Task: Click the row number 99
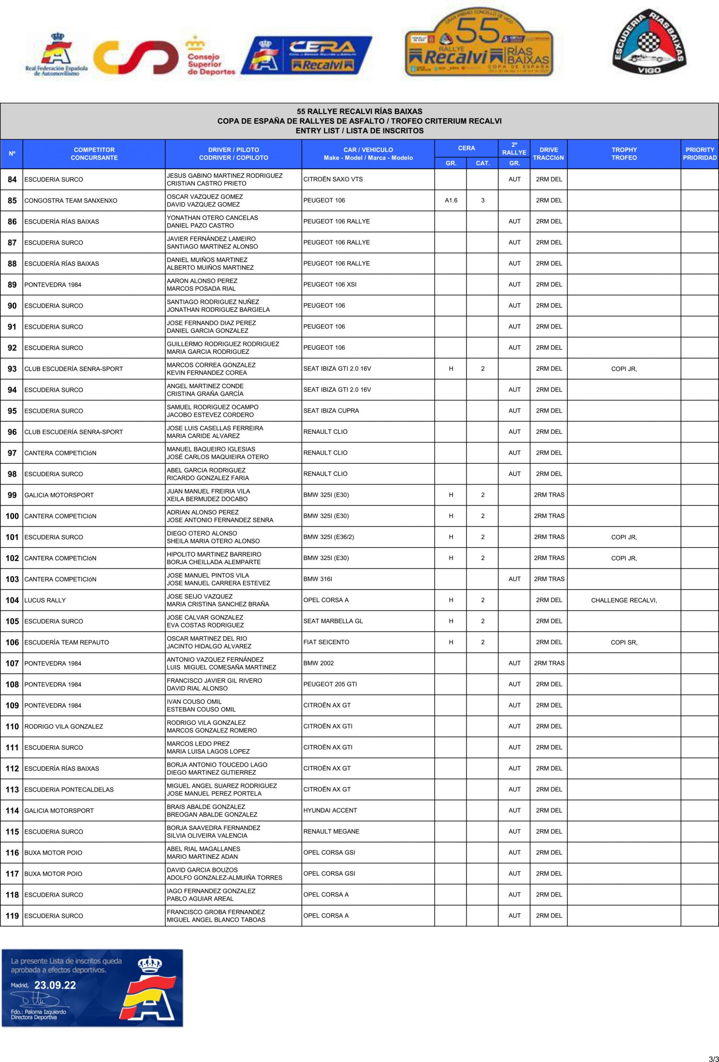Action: pos(12,495)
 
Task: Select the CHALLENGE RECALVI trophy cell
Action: pos(624,600)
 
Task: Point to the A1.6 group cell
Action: pos(451,200)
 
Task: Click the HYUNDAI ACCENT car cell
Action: pos(330,810)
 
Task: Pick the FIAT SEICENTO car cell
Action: pos(326,642)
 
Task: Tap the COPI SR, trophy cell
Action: pos(624,642)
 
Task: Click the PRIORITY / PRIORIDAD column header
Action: pos(700,153)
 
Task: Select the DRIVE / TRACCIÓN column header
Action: pos(548,153)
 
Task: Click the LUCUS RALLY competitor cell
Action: pos(45,600)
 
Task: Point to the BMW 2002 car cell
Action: pos(318,663)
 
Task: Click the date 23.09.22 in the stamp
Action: pos(55,985)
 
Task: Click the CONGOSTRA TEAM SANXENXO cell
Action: pos(71,200)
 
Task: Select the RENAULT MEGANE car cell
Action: pos(331,831)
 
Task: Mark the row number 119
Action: pos(12,915)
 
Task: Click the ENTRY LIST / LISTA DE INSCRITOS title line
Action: pos(359,131)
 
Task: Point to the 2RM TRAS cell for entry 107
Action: pos(548,663)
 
